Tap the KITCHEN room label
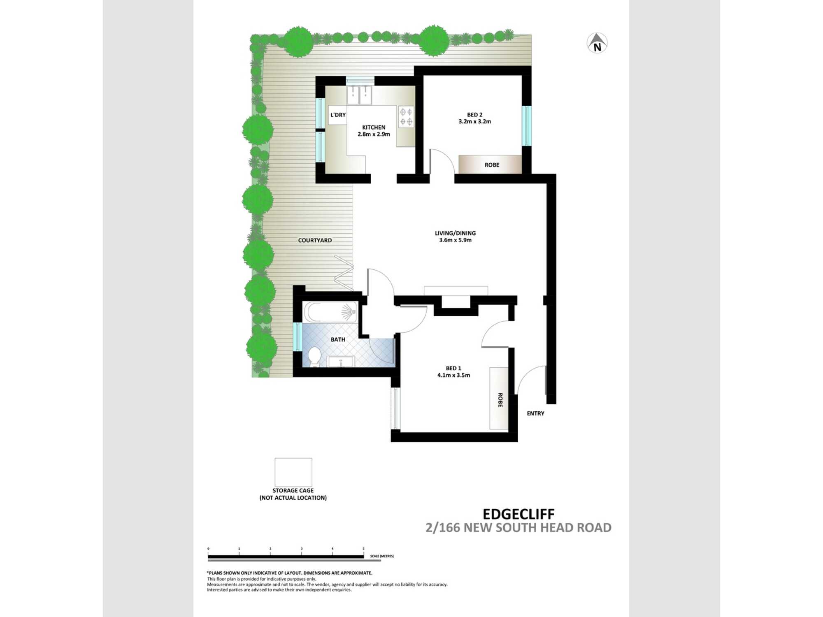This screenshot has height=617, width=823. point(374,128)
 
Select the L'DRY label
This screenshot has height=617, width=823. point(338,115)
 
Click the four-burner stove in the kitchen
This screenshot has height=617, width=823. point(406,116)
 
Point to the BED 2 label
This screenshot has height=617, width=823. point(474,115)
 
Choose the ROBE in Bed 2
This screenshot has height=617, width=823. point(491,165)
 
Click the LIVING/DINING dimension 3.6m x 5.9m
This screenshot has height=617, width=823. point(455,240)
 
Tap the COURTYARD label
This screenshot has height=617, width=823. point(315,240)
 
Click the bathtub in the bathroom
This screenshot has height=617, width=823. point(330,312)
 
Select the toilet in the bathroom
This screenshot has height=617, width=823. point(315,356)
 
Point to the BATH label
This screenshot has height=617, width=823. point(338,339)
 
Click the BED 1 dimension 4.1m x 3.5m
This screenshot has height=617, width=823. point(453,375)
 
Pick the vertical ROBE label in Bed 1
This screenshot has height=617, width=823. point(500,400)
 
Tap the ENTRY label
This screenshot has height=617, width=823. point(535,413)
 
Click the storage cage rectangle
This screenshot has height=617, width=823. point(293,472)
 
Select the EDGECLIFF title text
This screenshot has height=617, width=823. point(518,514)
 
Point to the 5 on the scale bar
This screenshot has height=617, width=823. point(363,549)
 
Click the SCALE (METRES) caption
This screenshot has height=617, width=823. point(382,556)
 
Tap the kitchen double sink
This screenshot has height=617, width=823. point(359,95)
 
